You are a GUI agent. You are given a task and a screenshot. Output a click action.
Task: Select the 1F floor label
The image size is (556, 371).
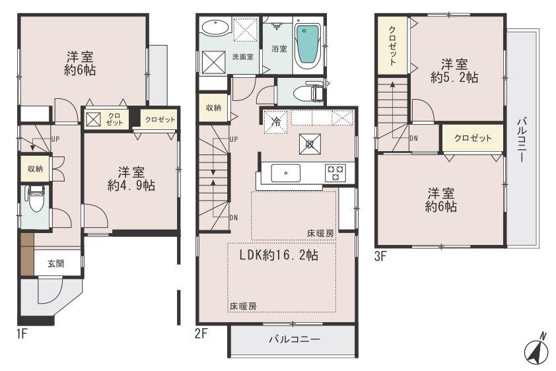tap(22, 333)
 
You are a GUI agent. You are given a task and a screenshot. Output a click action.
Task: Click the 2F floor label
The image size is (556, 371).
tap(201, 333)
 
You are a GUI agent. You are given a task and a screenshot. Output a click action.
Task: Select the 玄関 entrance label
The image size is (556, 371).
tap(55, 263)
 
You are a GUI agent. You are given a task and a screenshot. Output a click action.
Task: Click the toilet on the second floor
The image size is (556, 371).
tap(310, 92)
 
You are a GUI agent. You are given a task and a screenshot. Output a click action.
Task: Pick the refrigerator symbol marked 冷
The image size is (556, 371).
tap(276, 122)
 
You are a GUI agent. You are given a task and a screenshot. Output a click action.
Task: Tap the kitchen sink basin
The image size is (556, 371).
tap(286, 173)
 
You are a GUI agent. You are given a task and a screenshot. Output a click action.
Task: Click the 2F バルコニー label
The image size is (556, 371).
tap(294, 340)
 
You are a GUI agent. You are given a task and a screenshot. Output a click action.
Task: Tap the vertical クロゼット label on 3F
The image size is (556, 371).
tap(392, 45)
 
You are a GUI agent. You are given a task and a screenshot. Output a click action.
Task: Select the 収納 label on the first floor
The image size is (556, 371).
tap(35, 169)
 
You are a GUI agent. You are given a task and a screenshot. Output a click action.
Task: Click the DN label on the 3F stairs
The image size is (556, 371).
tap(413, 138)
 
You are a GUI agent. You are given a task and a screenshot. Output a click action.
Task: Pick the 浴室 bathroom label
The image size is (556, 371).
tap(279, 48)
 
